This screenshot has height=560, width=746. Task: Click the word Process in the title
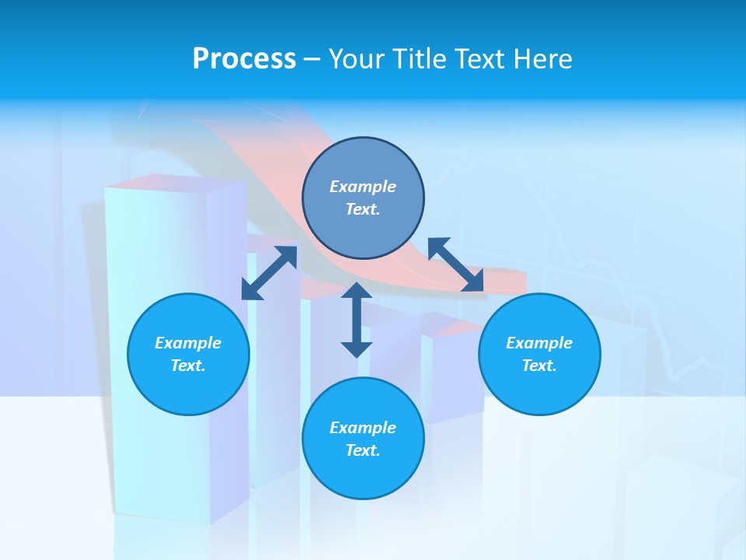(x=244, y=59)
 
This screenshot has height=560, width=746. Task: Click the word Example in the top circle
(x=363, y=187)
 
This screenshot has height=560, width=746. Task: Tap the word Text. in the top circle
(x=363, y=209)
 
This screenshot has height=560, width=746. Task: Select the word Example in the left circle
(x=188, y=343)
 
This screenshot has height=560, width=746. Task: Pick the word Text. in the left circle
(x=188, y=366)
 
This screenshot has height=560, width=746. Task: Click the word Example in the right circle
(x=539, y=343)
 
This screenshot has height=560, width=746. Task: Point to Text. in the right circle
(x=539, y=366)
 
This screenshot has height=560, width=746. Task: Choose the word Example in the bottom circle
(x=363, y=428)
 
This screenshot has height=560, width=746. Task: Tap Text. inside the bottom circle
(x=363, y=450)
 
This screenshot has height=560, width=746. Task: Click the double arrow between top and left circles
(x=269, y=273)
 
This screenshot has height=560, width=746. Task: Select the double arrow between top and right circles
(x=456, y=264)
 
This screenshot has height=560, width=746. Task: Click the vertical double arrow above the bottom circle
(x=357, y=320)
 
